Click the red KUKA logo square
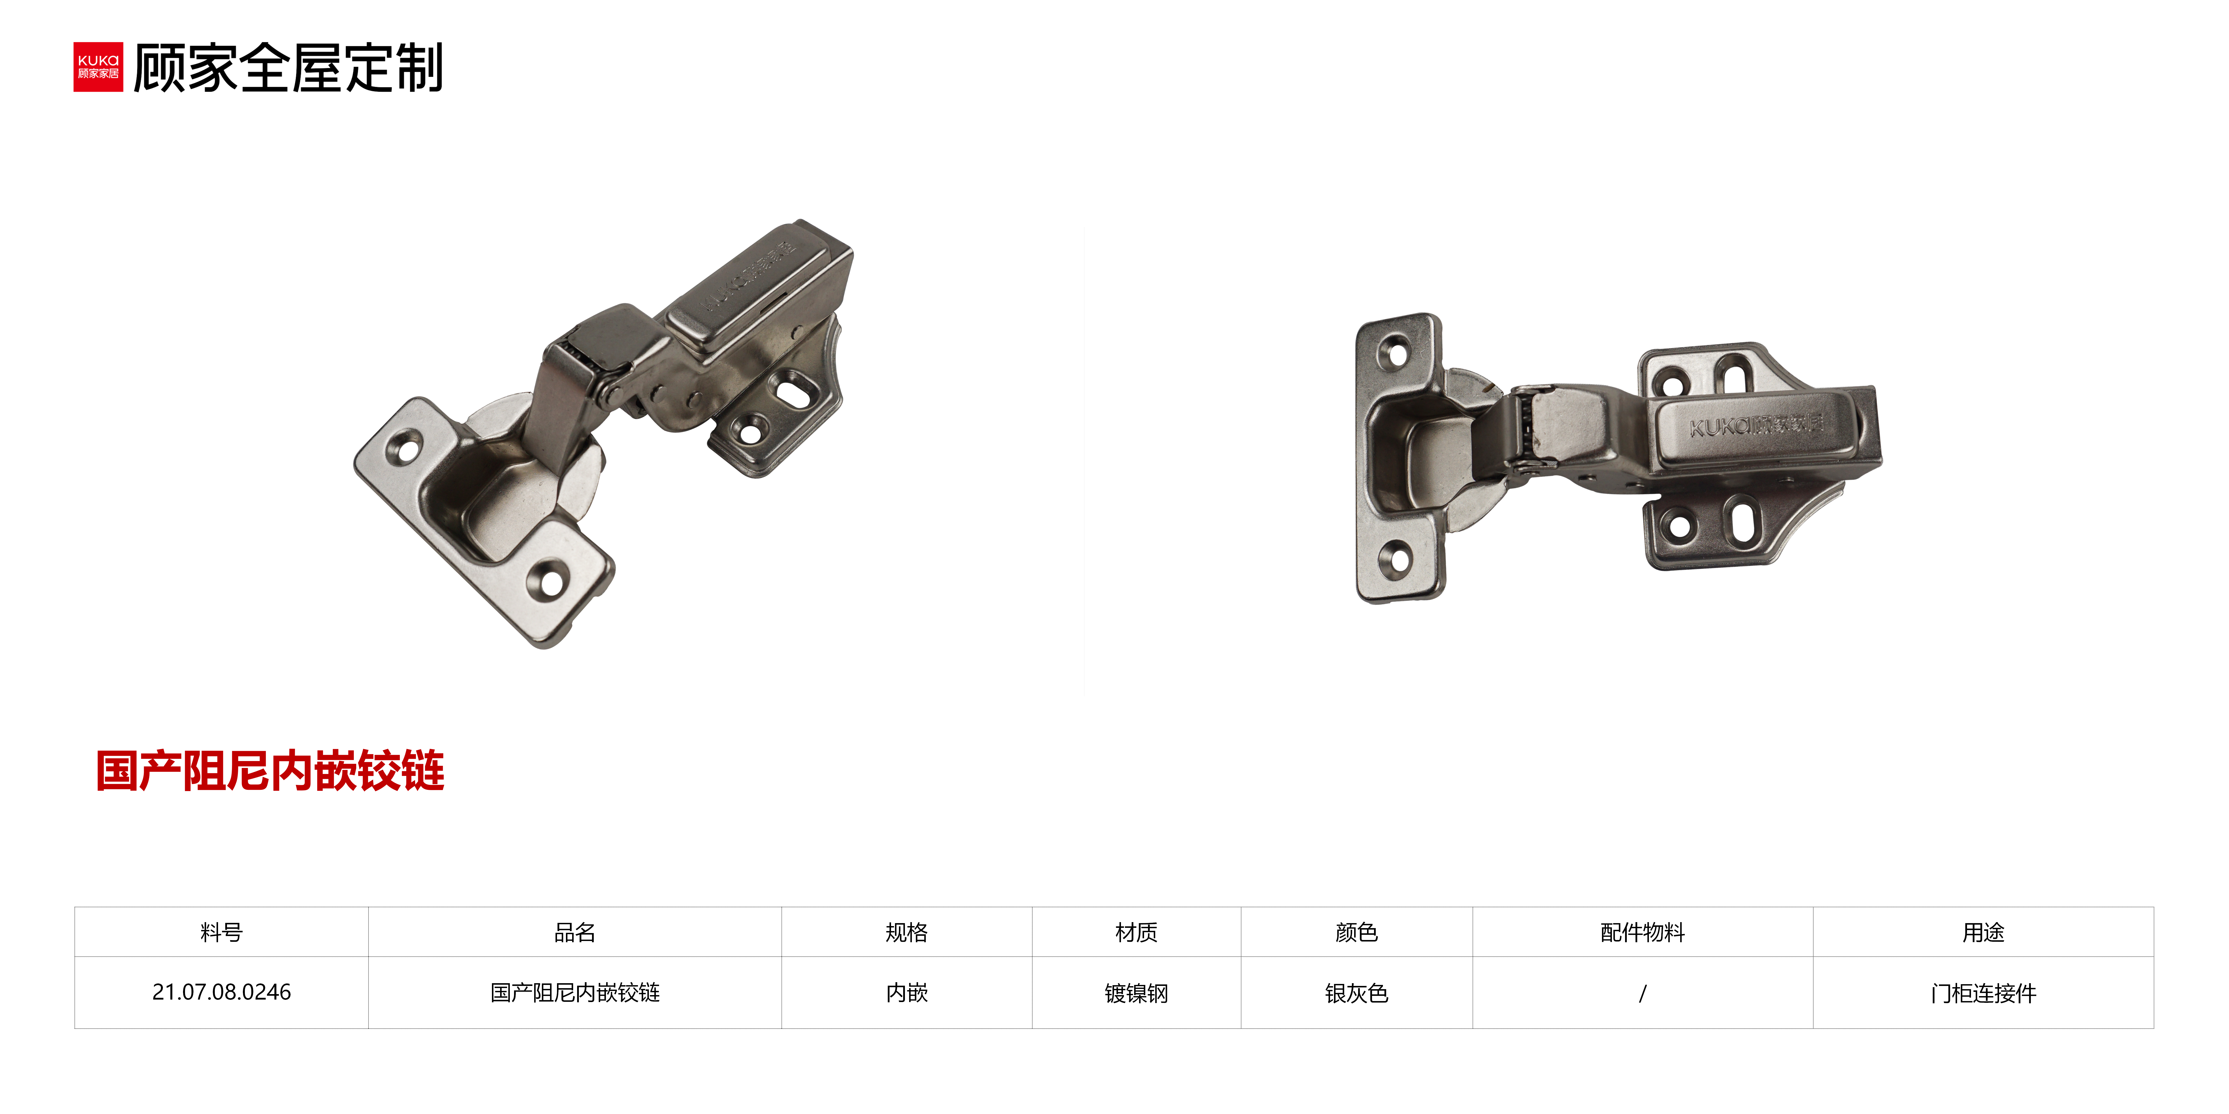[98, 67]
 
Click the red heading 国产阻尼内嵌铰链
[270, 771]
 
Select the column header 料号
[222, 932]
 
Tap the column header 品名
[575, 932]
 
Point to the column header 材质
[1136, 932]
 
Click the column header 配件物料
[1642, 932]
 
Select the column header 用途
[1983, 932]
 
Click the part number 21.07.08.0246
[222, 992]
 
